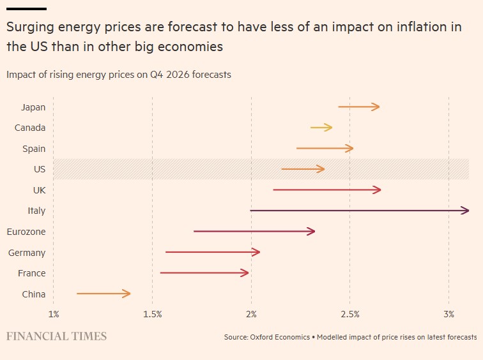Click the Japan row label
[33, 107]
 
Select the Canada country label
[30, 128]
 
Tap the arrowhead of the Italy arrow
[466, 211]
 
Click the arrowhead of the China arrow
[128, 294]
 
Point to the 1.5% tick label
[152, 314]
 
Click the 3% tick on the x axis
[449, 314]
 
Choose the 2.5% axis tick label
[350, 314]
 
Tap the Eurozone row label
[26, 232]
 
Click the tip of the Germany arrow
[257, 252]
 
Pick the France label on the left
[32, 273]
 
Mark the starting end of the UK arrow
[273, 190]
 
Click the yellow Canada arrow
[321, 128]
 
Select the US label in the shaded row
[40, 169]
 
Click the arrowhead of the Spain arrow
[350, 148]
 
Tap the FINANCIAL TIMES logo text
[56, 336]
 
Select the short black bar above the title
[26, 9]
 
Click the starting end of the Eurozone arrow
[194, 231]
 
